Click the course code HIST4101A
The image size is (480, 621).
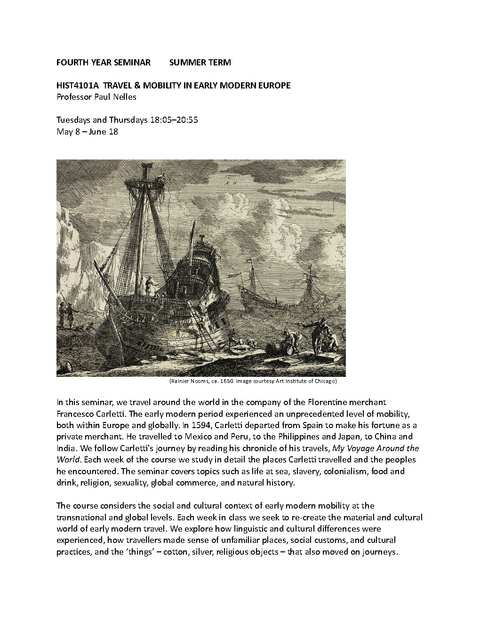coord(77,86)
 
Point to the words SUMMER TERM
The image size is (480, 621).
coord(200,62)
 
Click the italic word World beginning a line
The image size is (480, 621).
coord(67,460)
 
